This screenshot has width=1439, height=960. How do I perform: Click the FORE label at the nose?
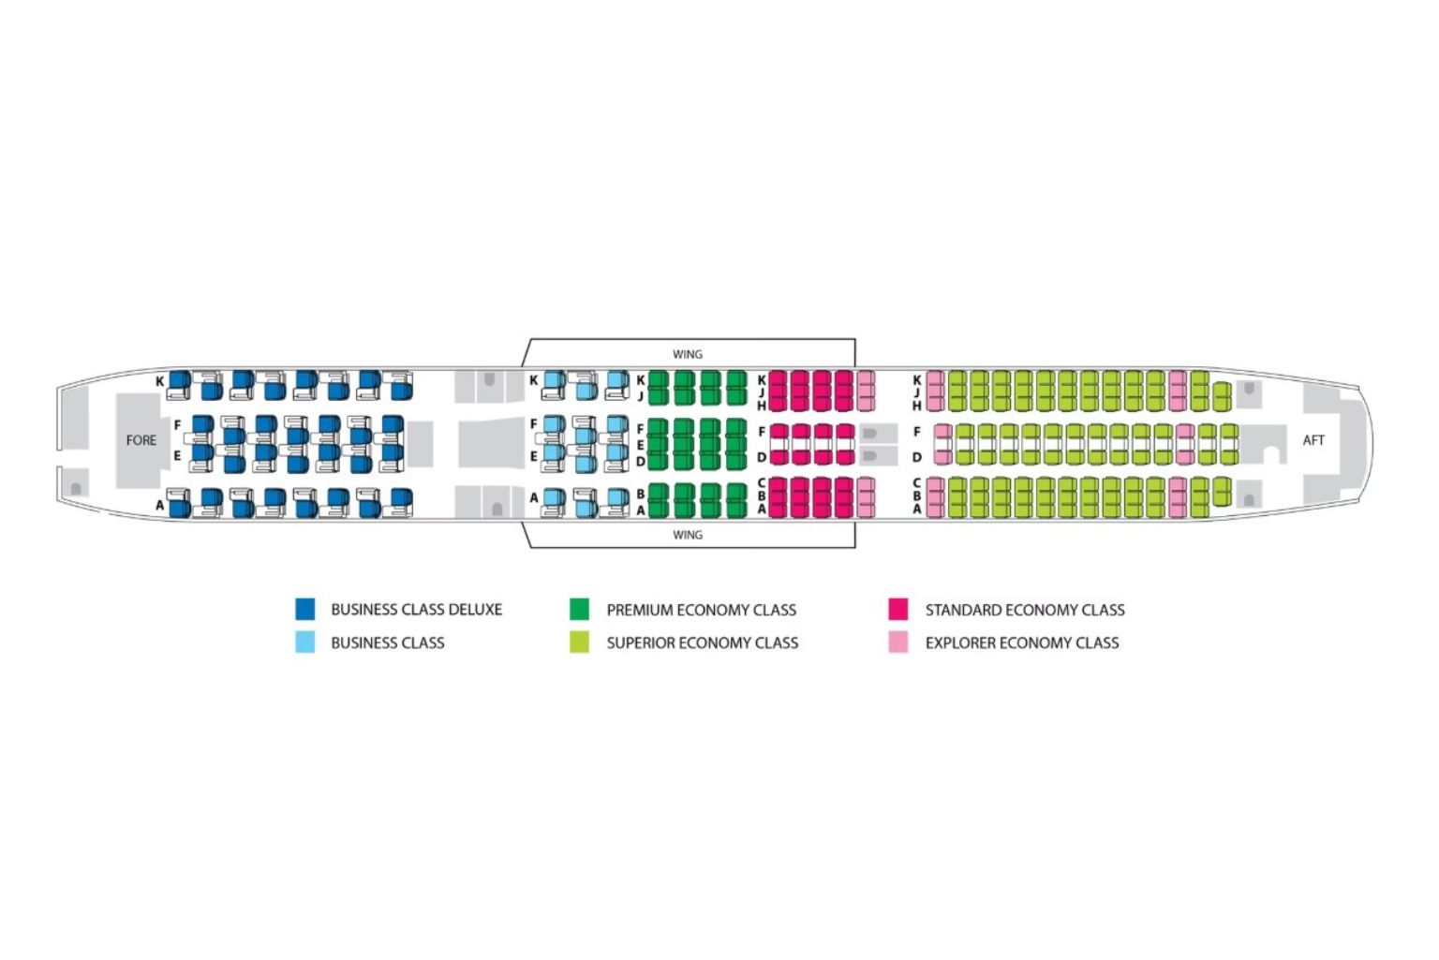point(141,440)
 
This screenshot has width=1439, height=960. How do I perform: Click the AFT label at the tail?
point(1313,440)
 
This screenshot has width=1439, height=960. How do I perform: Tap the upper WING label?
point(688,354)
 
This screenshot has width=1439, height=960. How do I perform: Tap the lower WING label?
point(688,535)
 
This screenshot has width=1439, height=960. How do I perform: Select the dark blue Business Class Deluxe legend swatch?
point(305,610)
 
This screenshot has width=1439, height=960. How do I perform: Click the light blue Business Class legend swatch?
point(305,642)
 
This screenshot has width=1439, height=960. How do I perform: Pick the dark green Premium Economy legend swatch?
point(580,610)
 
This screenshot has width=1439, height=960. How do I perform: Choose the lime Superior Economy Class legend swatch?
point(580,642)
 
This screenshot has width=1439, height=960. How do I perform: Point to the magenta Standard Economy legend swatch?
point(898,610)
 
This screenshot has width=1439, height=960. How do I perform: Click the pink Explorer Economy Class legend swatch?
point(898,642)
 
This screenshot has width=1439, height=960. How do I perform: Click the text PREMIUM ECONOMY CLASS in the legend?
point(702,610)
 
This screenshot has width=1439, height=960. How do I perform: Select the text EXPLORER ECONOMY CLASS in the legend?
point(1022,643)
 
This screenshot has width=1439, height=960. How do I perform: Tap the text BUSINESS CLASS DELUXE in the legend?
point(416,610)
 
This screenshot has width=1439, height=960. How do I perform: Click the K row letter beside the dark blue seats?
point(160,381)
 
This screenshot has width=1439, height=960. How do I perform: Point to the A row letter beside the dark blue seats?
point(160,506)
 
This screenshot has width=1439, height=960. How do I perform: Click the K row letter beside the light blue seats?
point(533,380)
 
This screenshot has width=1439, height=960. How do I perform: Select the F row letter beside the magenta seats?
point(762,432)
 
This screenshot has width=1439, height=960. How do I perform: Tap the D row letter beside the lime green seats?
point(917,457)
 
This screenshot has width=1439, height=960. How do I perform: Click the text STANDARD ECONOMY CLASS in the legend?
point(1025,610)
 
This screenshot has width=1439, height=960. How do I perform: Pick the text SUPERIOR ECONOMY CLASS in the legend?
point(703,643)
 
